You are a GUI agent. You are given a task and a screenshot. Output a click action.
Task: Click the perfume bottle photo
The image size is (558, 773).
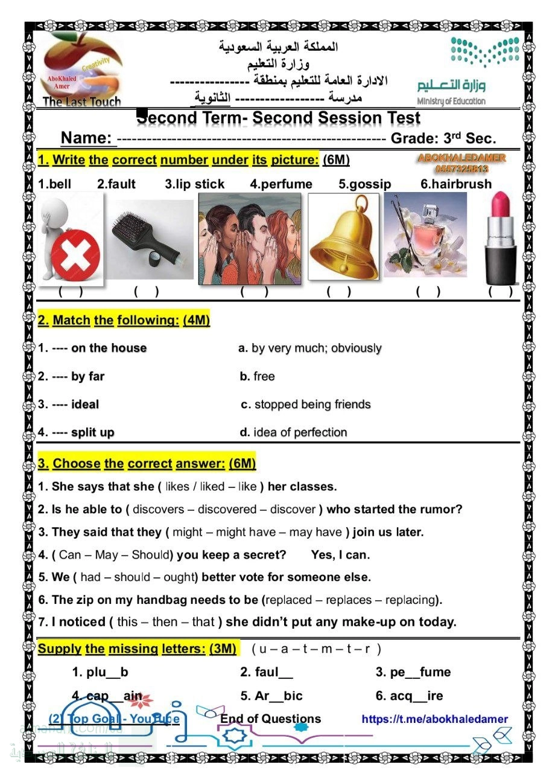(425, 234)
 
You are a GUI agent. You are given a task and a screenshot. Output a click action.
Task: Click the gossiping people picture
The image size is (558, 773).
(250, 237)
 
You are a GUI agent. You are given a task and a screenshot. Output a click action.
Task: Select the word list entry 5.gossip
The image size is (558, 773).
(364, 184)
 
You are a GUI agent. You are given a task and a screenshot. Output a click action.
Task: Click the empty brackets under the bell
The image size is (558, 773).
(338, 292)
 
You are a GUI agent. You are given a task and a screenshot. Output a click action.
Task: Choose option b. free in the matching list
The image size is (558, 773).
(257, 376)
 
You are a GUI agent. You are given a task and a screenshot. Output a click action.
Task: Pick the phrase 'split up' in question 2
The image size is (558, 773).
(92, 432)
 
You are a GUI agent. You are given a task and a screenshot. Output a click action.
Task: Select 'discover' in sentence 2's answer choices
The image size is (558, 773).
(293, 509)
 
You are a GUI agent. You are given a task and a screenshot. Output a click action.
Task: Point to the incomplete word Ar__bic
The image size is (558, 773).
(271, 696)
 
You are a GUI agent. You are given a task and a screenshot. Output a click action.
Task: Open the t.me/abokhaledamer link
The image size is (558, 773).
(434, 719)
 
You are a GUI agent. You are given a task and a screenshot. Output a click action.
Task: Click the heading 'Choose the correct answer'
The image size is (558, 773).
(147, 463)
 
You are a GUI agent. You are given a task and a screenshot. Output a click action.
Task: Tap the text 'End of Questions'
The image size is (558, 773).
(270, 719)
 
